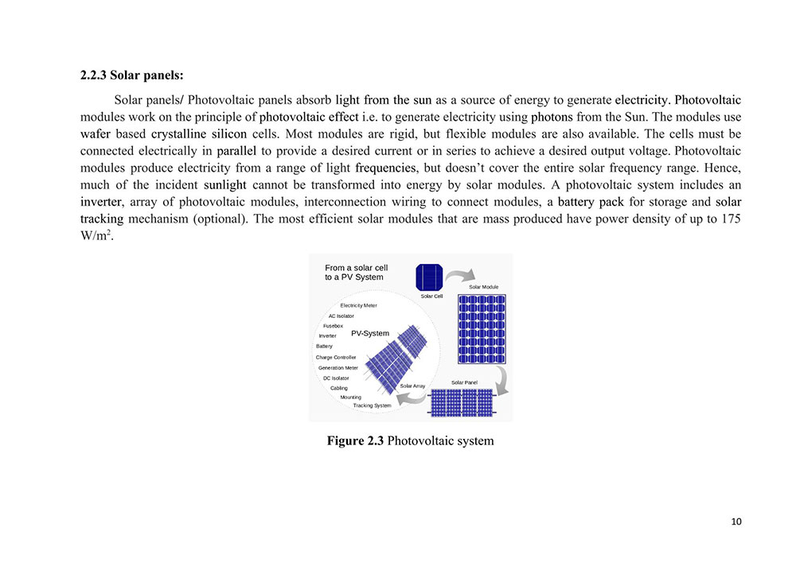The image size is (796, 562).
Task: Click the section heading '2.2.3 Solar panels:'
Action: click(x=132, y=76)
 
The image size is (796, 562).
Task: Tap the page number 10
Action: click(x=736, y=521)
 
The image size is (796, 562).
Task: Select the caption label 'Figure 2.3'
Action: click(x=355, y=440)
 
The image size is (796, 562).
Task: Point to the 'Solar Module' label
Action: click(x=483, y=287)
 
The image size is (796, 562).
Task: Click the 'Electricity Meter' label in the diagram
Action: click(x=358, y=305)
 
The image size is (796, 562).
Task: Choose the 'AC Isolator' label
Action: click(x=341, y=316)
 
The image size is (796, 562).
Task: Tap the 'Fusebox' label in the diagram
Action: click(x=333, y=326)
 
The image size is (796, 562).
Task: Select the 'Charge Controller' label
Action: click(x=336, y=357)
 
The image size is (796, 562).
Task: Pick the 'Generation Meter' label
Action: click(x=338, y=368)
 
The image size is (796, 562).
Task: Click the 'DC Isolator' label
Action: click(x=336, y=378)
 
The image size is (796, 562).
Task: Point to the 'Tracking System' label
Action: click(x=372, y=405)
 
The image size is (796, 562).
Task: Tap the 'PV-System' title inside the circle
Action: click(x=370, y=334)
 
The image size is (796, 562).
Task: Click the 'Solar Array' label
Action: click(x=412, y=386)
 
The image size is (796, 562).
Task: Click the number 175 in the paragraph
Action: click(x=732, y=219)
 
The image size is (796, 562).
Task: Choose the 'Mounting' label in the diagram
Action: click(x=350, y=397)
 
